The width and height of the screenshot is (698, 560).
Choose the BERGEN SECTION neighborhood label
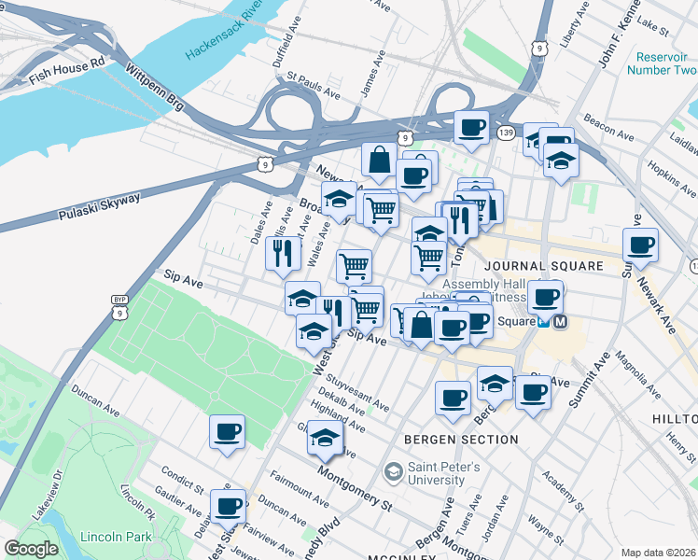pyautogui.click(x=461, y=439)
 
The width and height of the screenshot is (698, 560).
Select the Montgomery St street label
pyautogui.click(x=354, y=489)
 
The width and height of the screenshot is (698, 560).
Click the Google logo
pyautogui.click(x=31, y=549)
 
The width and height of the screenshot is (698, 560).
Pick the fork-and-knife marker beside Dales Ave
pyautogui.click(x=283, y=253)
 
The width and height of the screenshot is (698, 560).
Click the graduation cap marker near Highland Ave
pyautogui.click(x=325, y=436)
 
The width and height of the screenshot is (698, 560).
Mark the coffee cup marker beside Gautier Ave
pyautogui.click(x=227, y=506)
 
